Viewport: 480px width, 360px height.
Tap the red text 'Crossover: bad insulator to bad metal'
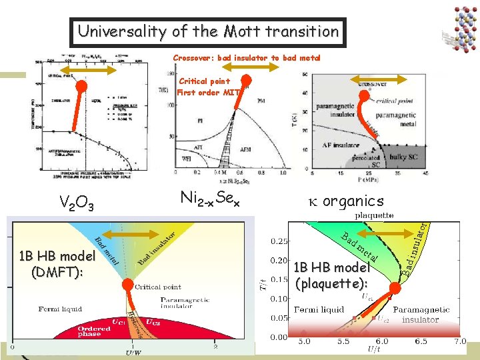pyautogui.click(x=247, y=58)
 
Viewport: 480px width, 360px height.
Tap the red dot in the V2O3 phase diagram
pyautogui.click(x=81, y=86)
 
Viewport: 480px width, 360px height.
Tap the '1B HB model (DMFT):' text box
pyautogui.click(x=57, y=263)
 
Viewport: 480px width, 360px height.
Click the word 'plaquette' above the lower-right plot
pyautogui.click(x=374, y=215)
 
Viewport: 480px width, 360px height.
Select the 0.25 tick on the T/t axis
pyautogui.click(x=279, y=241)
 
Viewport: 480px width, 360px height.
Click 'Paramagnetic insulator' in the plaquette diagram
pyautogui.click(x=420, y=315)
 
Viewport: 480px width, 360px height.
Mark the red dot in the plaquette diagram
pyautogui.click(x=395, y=288)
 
